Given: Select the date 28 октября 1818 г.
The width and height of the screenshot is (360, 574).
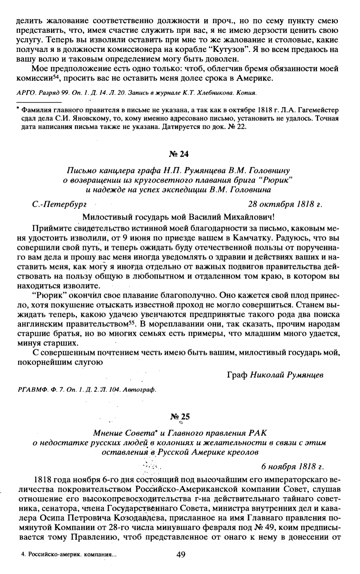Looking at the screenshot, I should (285, 204).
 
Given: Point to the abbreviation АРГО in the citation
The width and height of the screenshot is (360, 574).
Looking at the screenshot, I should (25, 93).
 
